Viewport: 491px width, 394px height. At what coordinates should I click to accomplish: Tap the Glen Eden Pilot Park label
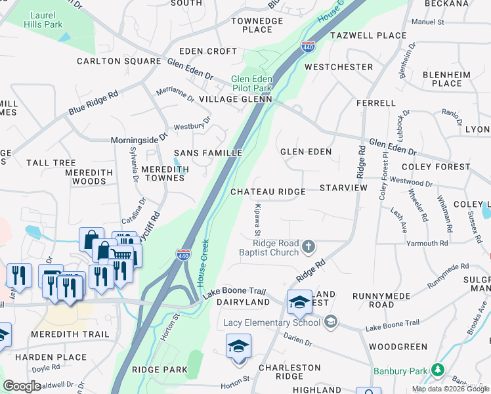pyautogui.click(x=251, y=83)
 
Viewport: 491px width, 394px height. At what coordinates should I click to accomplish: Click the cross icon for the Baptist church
pyautogui.click(x=309, y=248)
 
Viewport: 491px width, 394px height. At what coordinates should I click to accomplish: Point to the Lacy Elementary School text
pyautogui.click(x=272, y=322)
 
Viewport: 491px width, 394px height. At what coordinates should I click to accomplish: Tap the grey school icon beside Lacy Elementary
pyautogui.click(x=331, y=321)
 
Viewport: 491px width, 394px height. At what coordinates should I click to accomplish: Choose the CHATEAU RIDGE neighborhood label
pyautogui.click(x=268, y=192)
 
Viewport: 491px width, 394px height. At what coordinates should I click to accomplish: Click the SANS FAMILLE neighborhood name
pyautogui.click(x=208, y=153)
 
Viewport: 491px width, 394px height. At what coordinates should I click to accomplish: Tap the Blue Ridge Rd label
pyautogui.click(x=93, y=104)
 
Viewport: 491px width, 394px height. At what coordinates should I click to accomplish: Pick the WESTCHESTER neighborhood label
pyautogui.click(x=338, y=67)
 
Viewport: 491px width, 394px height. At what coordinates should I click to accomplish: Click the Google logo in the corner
pyautogui.click(x=22, y=386)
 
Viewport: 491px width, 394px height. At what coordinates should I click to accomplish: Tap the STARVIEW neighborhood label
pyautogui.click(x=343, y=188)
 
